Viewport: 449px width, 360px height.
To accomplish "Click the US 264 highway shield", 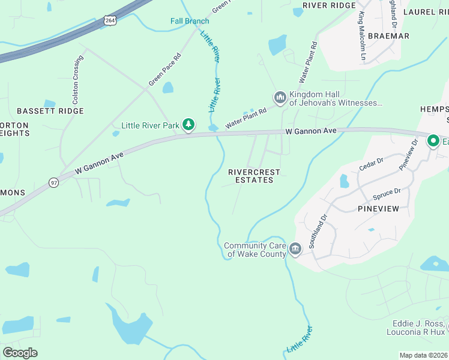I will [x=110, y=20].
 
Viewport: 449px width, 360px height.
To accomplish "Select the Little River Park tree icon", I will [x=190, y=125].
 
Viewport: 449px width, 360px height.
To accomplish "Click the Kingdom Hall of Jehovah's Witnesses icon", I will [x=280, y=97].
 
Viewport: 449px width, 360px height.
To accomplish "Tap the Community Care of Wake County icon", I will [x=295, y=249].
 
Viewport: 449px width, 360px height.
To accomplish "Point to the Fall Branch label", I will [x=190, y=21].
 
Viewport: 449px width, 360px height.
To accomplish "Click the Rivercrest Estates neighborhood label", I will [x=254, y=176].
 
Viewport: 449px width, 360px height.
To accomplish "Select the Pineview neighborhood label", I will [x=379, y=208].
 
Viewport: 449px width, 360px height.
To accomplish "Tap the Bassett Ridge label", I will [x=50, y=111].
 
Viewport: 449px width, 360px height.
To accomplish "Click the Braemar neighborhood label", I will [x=388, y=36].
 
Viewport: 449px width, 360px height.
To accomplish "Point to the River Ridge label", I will [x=329, y=5].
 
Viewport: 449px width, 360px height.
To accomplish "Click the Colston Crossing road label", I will [x=77, y=77].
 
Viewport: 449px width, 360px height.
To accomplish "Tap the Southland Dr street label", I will [x=318, y=233].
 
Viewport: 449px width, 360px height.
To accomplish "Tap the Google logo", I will [x=20, y=353].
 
